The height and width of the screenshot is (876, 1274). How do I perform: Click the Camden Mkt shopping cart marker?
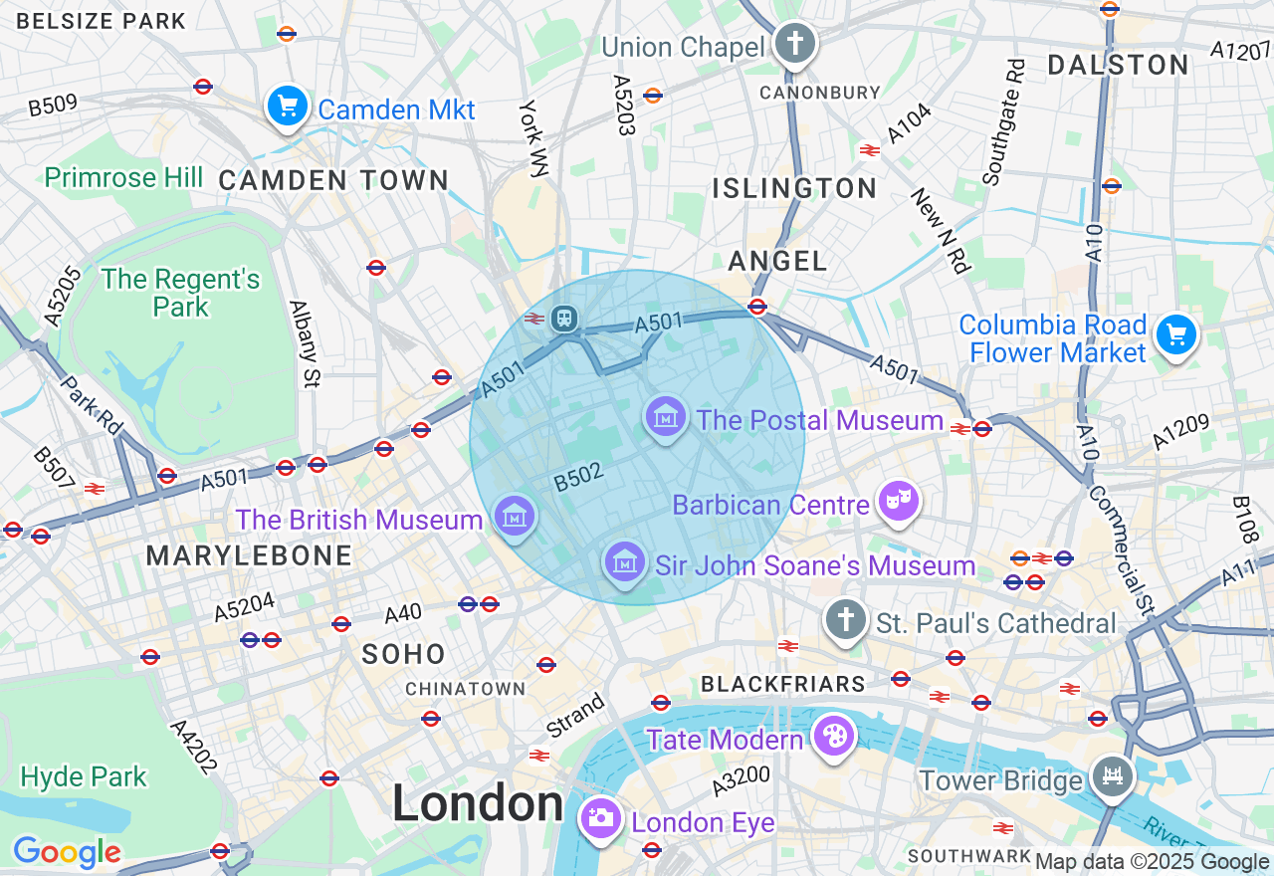[x=288, y=105]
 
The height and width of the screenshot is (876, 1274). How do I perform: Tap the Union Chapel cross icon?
[x=795, y=43]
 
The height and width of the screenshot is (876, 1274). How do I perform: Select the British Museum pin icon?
[x=515, y=516]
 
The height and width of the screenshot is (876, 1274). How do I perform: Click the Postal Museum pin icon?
[x=666, y=416]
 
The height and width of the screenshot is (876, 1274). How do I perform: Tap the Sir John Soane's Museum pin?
[x=624, y=562]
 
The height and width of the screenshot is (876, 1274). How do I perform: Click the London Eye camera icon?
[x=600, y=818]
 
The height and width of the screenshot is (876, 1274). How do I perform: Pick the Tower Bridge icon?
[x=1112, y=775]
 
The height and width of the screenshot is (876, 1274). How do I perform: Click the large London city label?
[x=478, y=803]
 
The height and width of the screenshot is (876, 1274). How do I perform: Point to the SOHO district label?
[x=403, y=654]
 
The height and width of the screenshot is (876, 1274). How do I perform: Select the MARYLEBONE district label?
[x=249, y=555]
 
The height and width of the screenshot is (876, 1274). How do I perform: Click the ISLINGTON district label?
[x=795, y=188]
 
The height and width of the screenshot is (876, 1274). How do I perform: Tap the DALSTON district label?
[x=1119, y=66]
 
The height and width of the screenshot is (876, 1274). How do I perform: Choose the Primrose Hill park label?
[x=123, y=178]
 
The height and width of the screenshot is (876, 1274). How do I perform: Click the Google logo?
[x=67, y=852]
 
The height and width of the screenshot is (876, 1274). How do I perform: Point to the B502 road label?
[x=578, y=477]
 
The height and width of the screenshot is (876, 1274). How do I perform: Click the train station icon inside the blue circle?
[x=564, y=318]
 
